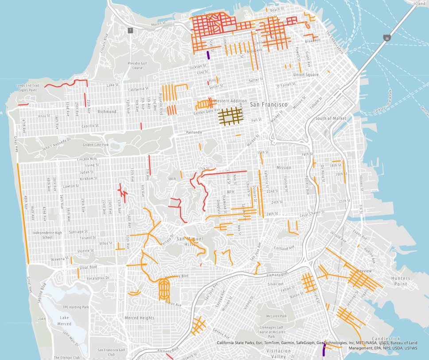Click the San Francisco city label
point(269,105)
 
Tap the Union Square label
point(305,75)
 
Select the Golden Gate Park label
point(95,145)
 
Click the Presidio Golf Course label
point(138,65)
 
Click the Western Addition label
point(229,101)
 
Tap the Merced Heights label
point(140,318)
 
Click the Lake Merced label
point(65,321)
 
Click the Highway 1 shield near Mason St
point(130,31)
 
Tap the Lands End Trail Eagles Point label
point(28,88)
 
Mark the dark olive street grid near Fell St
point(231,115)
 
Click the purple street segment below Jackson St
point(208,55)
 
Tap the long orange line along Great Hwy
point(23,212)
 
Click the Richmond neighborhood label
point(107,112)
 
